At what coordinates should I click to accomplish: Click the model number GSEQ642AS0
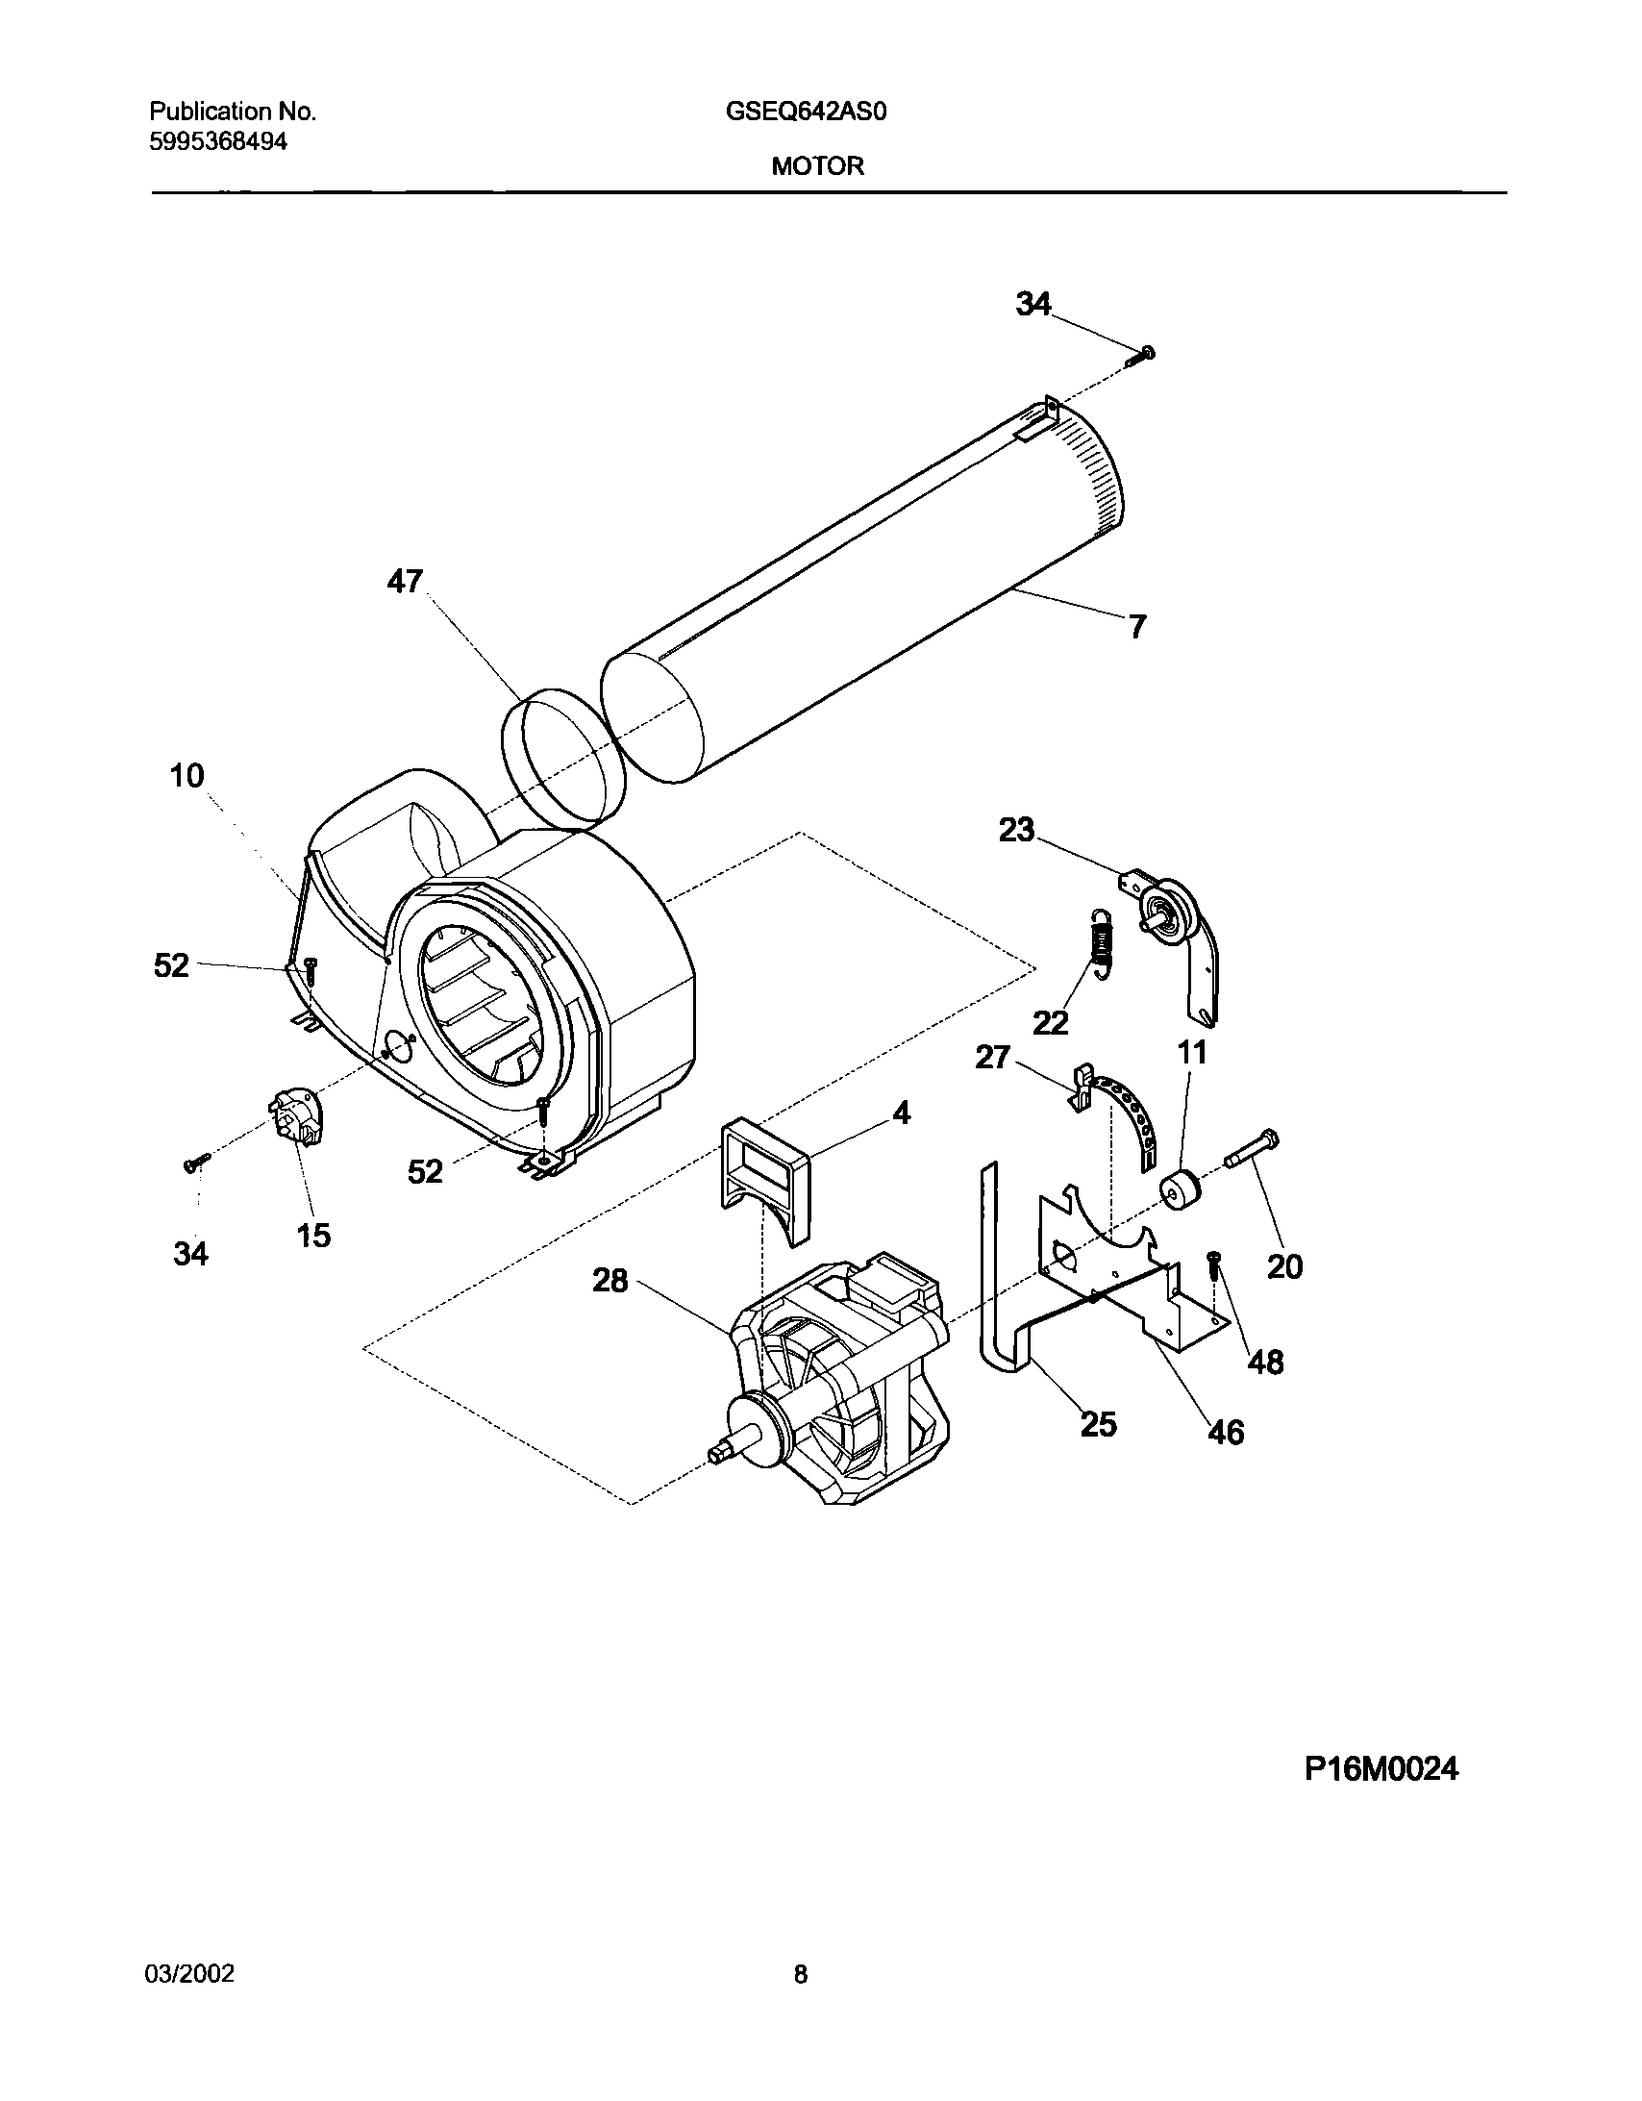point(805,112)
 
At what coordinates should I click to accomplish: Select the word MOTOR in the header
point(816,166)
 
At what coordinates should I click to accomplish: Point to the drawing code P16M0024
point(1381,1768)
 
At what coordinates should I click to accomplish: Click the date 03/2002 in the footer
point(189,1974)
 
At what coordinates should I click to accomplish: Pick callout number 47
point(405,581)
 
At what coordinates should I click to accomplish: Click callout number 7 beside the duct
point(1137,627)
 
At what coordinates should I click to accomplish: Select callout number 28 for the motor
point(610,1281)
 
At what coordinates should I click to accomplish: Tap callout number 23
point(1017,829)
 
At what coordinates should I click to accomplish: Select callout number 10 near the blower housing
point(187,775)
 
